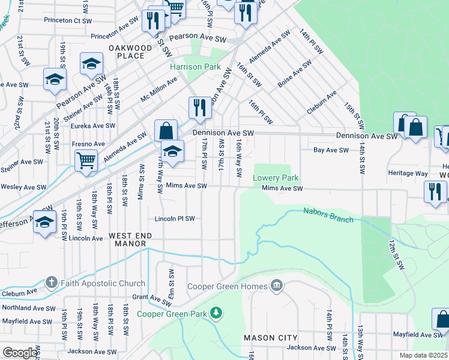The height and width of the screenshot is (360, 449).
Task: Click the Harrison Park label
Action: coord(195,67)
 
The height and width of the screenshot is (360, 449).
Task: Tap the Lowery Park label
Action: coord(276,178)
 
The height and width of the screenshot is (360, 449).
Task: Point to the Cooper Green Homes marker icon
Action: coord(276,286)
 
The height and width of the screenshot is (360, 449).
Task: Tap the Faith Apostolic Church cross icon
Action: coord(52,283)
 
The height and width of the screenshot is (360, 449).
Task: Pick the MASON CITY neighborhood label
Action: coord(271,338)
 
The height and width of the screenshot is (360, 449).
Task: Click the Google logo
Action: coord(20,353)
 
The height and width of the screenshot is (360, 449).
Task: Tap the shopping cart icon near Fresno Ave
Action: coord(86,161)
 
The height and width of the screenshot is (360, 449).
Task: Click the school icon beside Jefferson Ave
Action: coord(44,221)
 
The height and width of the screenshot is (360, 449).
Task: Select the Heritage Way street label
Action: coord(408,173)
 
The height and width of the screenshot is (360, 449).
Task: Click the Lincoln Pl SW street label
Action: coord(175,218)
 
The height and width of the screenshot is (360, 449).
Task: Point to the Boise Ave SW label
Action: coord(294,74)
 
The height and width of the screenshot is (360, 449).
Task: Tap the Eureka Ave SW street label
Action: coord(94,125)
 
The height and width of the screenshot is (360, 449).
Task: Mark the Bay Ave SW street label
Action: coord(328,151)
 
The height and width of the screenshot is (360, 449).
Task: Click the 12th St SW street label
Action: coord(395,254)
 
